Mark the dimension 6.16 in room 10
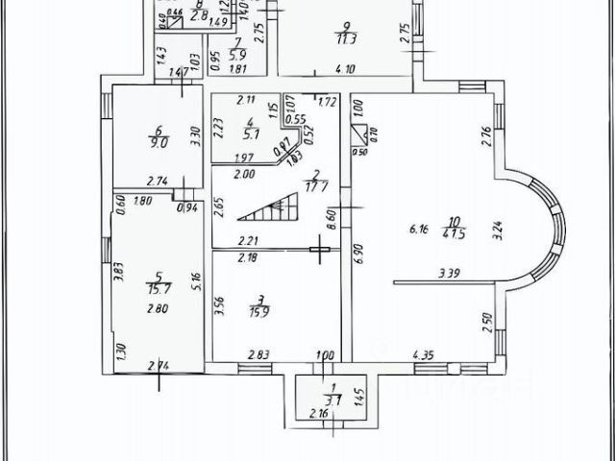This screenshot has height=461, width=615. (x=419, y=229)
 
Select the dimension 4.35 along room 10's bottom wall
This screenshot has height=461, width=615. (x=423, y=356)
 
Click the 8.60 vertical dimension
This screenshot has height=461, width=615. (x=332, y=218)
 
